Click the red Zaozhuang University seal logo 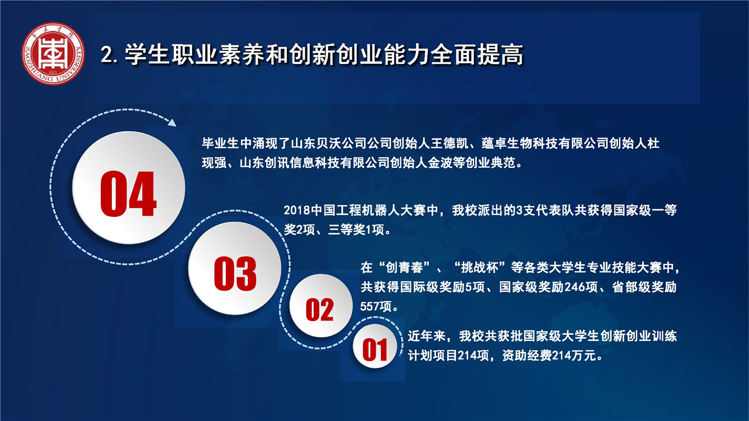(53, 53)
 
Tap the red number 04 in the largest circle (128, 194)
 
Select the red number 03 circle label (235, 274)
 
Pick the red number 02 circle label (319, 310)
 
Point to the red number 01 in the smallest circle (375, 350)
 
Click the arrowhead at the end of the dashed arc (172, 123)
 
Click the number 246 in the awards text (575, 287)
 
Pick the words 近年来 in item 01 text (427, 336)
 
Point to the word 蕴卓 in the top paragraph (494, 143)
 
